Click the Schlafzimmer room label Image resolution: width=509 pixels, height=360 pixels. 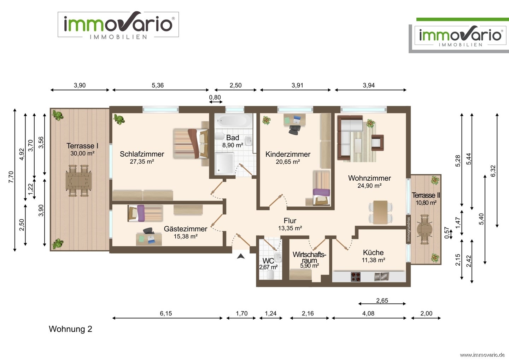142,154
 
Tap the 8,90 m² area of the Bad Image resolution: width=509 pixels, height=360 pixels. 233,145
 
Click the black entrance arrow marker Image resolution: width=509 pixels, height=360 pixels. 241,256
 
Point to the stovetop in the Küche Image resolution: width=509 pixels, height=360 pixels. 356,277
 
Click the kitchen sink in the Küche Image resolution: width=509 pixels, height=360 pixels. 381,276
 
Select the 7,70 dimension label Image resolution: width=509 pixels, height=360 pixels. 11,177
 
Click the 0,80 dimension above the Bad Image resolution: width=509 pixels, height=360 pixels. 215,97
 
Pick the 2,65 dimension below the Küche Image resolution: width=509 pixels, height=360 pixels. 382,301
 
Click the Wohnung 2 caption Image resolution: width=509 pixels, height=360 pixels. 70,329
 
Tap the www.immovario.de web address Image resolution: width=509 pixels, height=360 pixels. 482,355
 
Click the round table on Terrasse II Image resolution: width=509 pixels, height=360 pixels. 425,230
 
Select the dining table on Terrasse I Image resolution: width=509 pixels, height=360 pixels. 78,181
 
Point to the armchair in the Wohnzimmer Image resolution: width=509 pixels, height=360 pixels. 378,143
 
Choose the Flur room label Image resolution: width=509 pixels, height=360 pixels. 290,220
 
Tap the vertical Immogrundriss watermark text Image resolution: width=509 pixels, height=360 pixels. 408,229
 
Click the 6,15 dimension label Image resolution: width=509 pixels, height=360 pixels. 166,313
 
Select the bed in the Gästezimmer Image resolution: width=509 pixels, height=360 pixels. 145,213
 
